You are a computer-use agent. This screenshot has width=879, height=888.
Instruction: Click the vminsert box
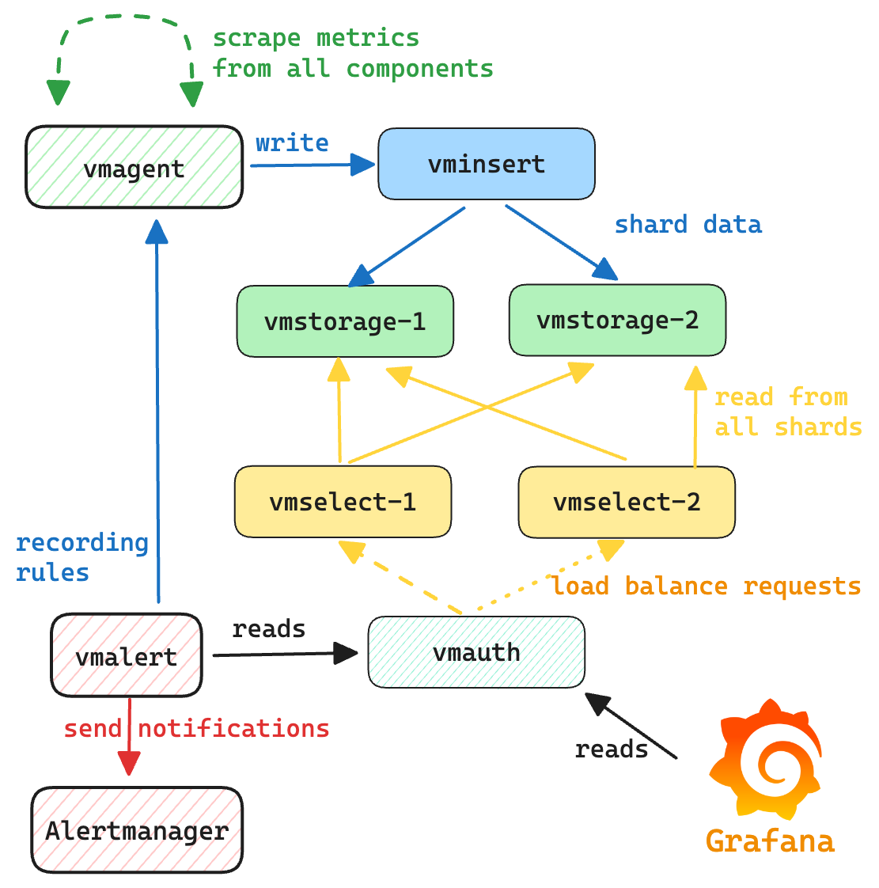tap(486, 164)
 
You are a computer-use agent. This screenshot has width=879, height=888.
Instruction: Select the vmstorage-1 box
tap(345, 321)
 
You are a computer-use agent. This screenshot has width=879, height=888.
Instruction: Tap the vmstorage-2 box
tap(617, 320)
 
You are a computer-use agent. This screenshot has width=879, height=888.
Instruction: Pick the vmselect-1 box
tap(343, 502)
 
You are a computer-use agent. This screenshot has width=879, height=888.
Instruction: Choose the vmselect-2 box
tap(627, 502)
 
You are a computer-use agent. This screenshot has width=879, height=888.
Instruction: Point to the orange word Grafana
tap(770, 840)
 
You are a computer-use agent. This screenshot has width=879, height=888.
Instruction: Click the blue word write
tap(292, 143)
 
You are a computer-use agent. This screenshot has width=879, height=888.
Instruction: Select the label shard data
tap(688, 225)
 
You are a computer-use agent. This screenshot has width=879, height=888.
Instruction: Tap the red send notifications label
tap(196, 728)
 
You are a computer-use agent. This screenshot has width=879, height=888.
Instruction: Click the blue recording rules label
tap(81, 557)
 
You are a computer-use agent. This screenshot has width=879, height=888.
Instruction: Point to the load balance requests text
tap(707, 586)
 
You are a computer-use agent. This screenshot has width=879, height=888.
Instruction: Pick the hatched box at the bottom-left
tap(136, 829)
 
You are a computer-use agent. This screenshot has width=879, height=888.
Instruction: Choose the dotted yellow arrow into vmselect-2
tap(546, 577)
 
